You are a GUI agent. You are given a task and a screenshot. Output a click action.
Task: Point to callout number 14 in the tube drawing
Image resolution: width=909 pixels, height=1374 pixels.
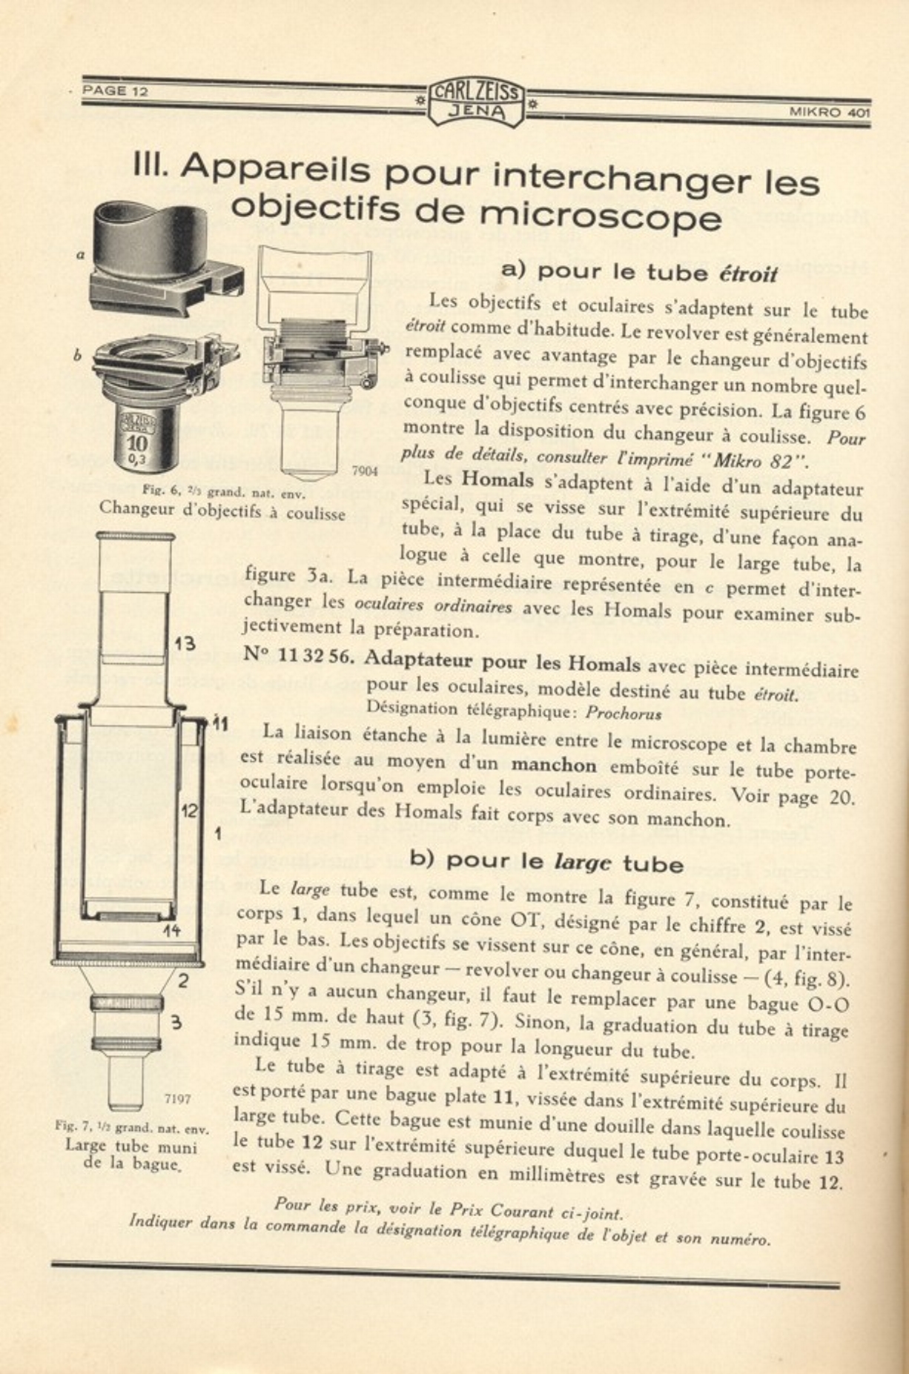coord(171,930)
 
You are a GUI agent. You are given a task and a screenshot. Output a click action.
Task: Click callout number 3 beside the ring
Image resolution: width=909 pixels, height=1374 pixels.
coord(176,1023)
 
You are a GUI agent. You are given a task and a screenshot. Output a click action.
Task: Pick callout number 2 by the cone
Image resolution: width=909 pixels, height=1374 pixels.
coord(182,980)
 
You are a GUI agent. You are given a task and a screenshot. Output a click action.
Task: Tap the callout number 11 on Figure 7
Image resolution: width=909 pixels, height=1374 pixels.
coord(218,722)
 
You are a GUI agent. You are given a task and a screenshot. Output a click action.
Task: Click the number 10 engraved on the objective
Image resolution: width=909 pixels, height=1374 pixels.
coord(137,444)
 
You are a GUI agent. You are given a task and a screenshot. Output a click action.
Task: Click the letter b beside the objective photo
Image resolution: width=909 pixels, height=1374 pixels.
coord(77,356)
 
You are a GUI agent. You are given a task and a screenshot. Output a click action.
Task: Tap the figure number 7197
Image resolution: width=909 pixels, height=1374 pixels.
coord(177,1098)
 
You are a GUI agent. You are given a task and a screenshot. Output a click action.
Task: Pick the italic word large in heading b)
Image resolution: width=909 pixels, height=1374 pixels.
coord(583,861)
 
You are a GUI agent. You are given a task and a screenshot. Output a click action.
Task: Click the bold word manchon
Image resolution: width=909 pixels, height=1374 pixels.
coord(554,764)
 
